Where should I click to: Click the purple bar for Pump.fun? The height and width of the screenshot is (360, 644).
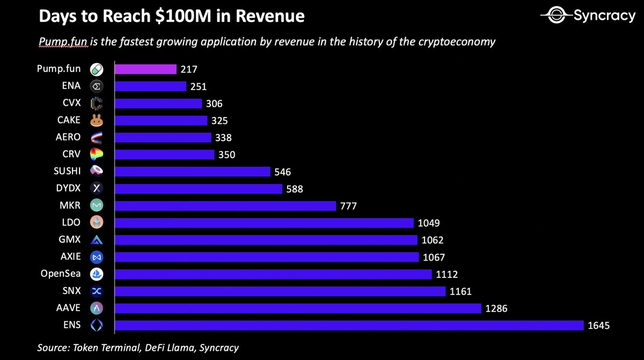pyautogui.click(x=145, y=69)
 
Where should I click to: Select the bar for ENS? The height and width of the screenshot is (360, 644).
pyautogui.click(x=349, y=325)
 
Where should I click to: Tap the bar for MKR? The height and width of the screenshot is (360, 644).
pyautogui.click(x=225, y=205)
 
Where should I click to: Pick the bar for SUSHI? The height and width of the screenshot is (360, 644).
pyautogui.click(x=192, y=172)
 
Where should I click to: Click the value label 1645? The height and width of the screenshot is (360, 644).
pyautogui.click(x=599, y=325)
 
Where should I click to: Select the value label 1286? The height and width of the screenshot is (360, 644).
pyautogui.click(x=496, y=308)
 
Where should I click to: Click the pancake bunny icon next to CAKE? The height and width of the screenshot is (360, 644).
pyautogui.click(x=97, y=121)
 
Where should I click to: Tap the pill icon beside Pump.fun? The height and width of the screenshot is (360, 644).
pyautogui.click(x=97, y=69)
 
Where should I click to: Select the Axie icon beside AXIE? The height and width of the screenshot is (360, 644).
pyautogui.click(x=97, y=257)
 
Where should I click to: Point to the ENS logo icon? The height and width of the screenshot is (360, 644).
pyautogui.click(x=97, y=325)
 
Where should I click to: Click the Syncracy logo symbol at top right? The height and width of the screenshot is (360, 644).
pyautogui.click(x=554, y=16)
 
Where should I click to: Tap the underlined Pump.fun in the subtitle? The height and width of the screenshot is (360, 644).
pyautogui.click(x=60, y=42)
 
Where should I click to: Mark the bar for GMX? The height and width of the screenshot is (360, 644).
pyautogui.click(x=266, y=240)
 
